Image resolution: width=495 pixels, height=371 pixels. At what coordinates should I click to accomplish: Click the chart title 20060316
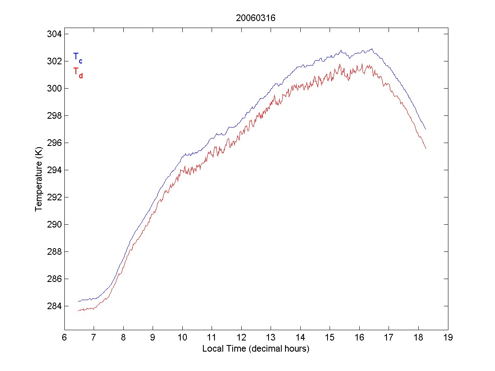point(256,18)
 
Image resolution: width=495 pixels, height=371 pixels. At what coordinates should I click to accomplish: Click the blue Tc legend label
point(78,57)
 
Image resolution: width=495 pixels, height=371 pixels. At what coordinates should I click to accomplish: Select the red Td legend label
point(78,72)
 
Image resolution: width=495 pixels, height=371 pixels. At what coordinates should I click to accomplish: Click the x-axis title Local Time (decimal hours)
point(256,349)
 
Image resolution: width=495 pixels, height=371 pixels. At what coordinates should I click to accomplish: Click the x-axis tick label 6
point(64,338)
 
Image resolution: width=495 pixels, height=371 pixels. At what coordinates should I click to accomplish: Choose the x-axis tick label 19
point(448,338)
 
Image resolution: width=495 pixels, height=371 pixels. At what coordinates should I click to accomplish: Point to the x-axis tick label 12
point(241,338)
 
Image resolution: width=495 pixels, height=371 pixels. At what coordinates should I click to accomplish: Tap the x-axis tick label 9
point(153,338)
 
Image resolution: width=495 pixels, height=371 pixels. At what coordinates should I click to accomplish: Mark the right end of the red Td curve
point(426,148)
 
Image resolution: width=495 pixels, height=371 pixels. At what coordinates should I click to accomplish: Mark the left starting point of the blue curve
point(78,301)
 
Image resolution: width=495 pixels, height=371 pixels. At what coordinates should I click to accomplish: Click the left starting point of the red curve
point(78,311)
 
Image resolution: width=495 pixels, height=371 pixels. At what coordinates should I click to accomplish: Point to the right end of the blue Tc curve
point(426,129)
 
